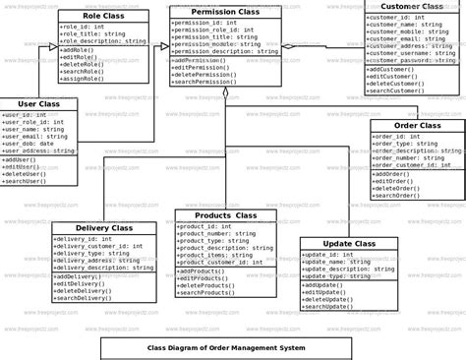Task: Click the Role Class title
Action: pyautogui.click(x=104, y=17)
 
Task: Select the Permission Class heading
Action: pyautogui.click(x=225, y=12)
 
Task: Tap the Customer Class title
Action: pyautogui.click(x=411, y=7)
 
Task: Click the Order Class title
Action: pyautogui.click(x=417, y=125)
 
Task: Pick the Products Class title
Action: pyautogui.click(x=225, y=215)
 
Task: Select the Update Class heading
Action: pyautogui.click(x=349, y=243)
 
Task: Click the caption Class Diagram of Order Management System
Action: pyautogui.click(x=225, y=347)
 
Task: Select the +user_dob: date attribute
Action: pyautogui.click(x=29, y=144)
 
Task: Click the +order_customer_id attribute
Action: pyautogui.click(x=408, y=165)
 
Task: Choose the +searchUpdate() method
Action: pyautogui.click(x=328, y=306)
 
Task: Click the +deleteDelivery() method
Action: pyautogui.click(x=86, y=292)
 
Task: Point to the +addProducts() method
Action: pyautogui.click(x=205, y=270)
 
